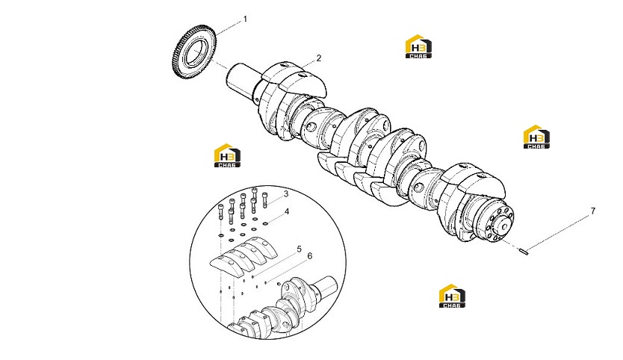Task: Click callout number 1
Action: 245,19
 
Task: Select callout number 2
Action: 319,58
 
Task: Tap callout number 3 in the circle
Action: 285,194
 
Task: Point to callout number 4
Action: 287,211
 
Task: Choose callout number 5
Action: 299,249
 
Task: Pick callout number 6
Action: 310,256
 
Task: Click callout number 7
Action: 593,211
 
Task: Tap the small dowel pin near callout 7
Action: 524,251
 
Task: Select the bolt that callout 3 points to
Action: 265,200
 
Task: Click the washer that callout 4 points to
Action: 265,223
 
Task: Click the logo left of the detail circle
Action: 227,155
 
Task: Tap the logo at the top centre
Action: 418,46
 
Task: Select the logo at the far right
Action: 537,137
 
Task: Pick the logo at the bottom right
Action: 452,296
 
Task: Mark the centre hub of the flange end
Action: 503,226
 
